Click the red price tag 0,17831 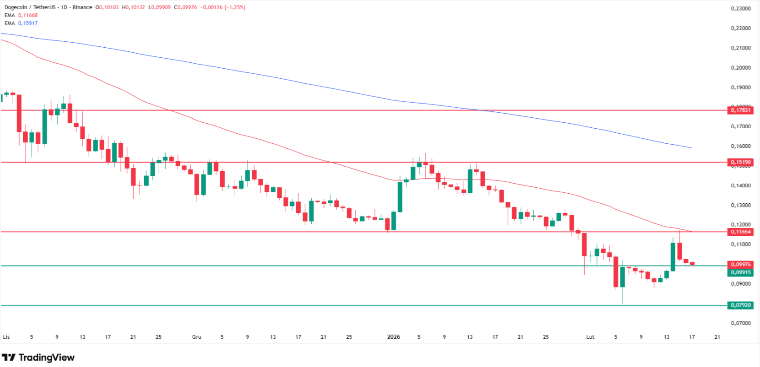click(x=740, y=110)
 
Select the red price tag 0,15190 click(x=740, y=162)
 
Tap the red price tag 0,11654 click(x=740, y=232)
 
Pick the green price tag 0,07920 click(x=740, y=305)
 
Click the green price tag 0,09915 click(x=740, y=272)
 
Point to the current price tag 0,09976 click(x=740, y=264)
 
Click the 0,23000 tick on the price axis click(x=740, y=9)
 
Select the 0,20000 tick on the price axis click(x=740, y=68)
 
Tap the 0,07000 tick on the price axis click(x=740, y=323)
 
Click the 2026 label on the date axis click(x=393, y=337)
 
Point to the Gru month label click(x=197, y=337)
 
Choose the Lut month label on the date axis click(x=590, y=337)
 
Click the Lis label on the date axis click(x=6, y=337)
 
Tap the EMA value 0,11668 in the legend click(x=28, y=15)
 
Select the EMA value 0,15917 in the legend click(x=28, y=23)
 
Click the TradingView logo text click(x=46, y=357)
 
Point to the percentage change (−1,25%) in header click(x=235, y=7)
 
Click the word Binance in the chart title click(x=82, y=7)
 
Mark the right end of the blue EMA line click(x=691, y=148)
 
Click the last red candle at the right click(x=692, y=263)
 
